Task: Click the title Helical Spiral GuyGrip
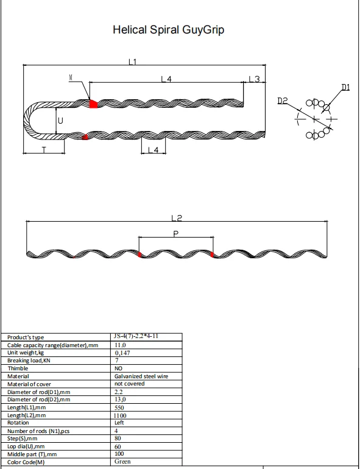169,30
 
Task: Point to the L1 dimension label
133,62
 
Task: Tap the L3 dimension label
254,79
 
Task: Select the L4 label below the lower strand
154,150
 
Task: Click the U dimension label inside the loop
60,121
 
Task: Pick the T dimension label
44,150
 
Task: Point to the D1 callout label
345,87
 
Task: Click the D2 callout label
282,100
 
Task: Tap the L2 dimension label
177,218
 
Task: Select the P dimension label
176,234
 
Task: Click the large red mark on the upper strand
93,104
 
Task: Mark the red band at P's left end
139,255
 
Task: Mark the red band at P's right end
212,255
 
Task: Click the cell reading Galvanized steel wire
141,376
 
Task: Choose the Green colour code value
122,462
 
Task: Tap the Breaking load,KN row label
29,361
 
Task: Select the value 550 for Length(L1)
119,407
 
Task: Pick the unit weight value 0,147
122,353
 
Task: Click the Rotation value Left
119,423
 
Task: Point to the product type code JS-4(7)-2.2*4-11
136,336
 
